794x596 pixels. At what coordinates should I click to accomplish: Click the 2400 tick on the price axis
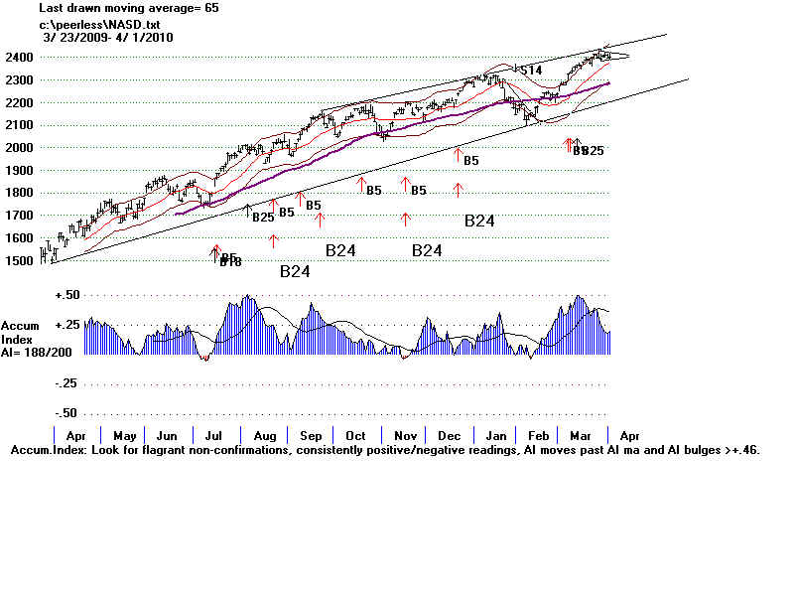[x=19, y=58]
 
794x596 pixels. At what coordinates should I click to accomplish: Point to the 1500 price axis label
[x=19, y=261]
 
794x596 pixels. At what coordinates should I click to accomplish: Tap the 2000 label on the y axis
[x=19, y=148]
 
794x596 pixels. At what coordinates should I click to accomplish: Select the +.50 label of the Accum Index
[x=67, y=296]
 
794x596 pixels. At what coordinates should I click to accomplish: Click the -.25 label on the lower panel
[x=67, y=383]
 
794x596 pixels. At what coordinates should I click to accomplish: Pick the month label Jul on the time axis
[x=213, y=436]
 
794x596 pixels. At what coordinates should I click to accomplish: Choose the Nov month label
[x=404, y=436]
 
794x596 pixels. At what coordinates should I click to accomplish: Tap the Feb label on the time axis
[x=538, y=436]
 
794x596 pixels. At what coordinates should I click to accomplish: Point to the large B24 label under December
[x=479, y=222]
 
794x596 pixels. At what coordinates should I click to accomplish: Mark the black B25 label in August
[x=263, y=217]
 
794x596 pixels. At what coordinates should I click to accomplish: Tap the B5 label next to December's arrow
[x=471, y=161]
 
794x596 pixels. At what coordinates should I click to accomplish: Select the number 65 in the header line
[x=211, y=7]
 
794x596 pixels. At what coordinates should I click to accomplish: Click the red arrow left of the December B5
[x=458, y=155]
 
